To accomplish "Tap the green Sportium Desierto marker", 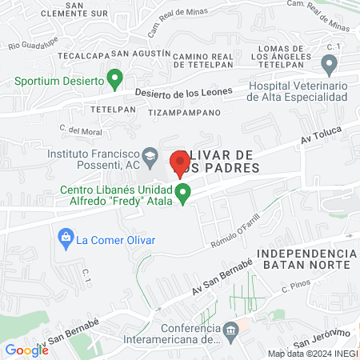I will coord(114,79).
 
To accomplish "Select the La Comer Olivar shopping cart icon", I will coord(65,238).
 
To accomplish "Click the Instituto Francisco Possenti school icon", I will coord(149,155).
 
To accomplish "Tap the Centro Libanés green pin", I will coord(183,193).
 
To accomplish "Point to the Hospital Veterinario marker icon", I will coord(328,64).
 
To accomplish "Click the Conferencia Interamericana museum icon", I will coord(230,330).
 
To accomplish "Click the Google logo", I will coord(26,350).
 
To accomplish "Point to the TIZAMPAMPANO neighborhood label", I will coord(184,113).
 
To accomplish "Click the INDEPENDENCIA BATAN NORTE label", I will coord(304,258).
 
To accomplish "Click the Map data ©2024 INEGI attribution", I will coord(312,353).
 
